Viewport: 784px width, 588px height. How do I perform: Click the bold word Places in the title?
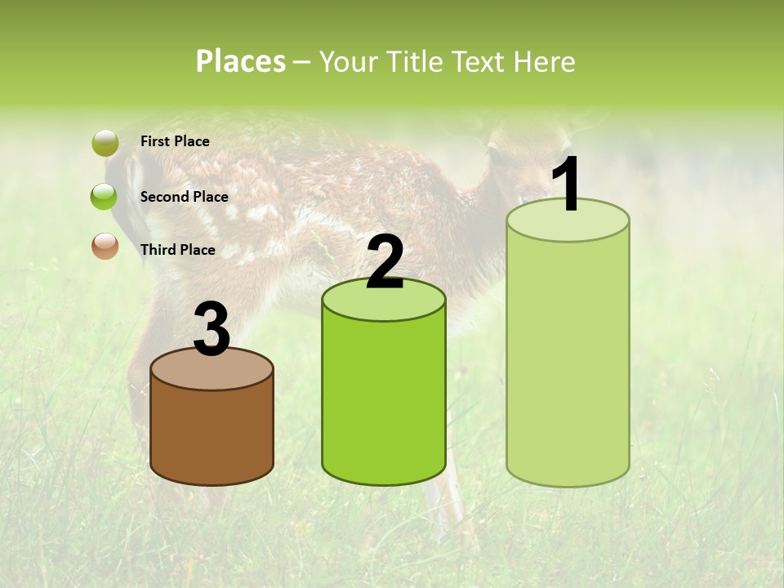coord(241,61)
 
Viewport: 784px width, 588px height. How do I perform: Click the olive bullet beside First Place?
coord(105,143)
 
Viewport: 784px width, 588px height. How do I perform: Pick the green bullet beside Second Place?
coord(105,197)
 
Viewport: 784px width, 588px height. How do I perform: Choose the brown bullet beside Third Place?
coord(105,245)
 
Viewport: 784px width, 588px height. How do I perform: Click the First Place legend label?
coord(175,141)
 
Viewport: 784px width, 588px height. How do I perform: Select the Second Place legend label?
coord(184,197)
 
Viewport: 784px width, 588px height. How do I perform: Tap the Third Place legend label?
coord(177,250)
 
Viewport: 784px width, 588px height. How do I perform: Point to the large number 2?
coord(385,262)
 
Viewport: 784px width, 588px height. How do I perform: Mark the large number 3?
coord(212,330)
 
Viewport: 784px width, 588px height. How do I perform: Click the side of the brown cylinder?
coord(212,433)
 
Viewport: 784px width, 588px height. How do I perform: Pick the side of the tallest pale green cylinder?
coord(568,359)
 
